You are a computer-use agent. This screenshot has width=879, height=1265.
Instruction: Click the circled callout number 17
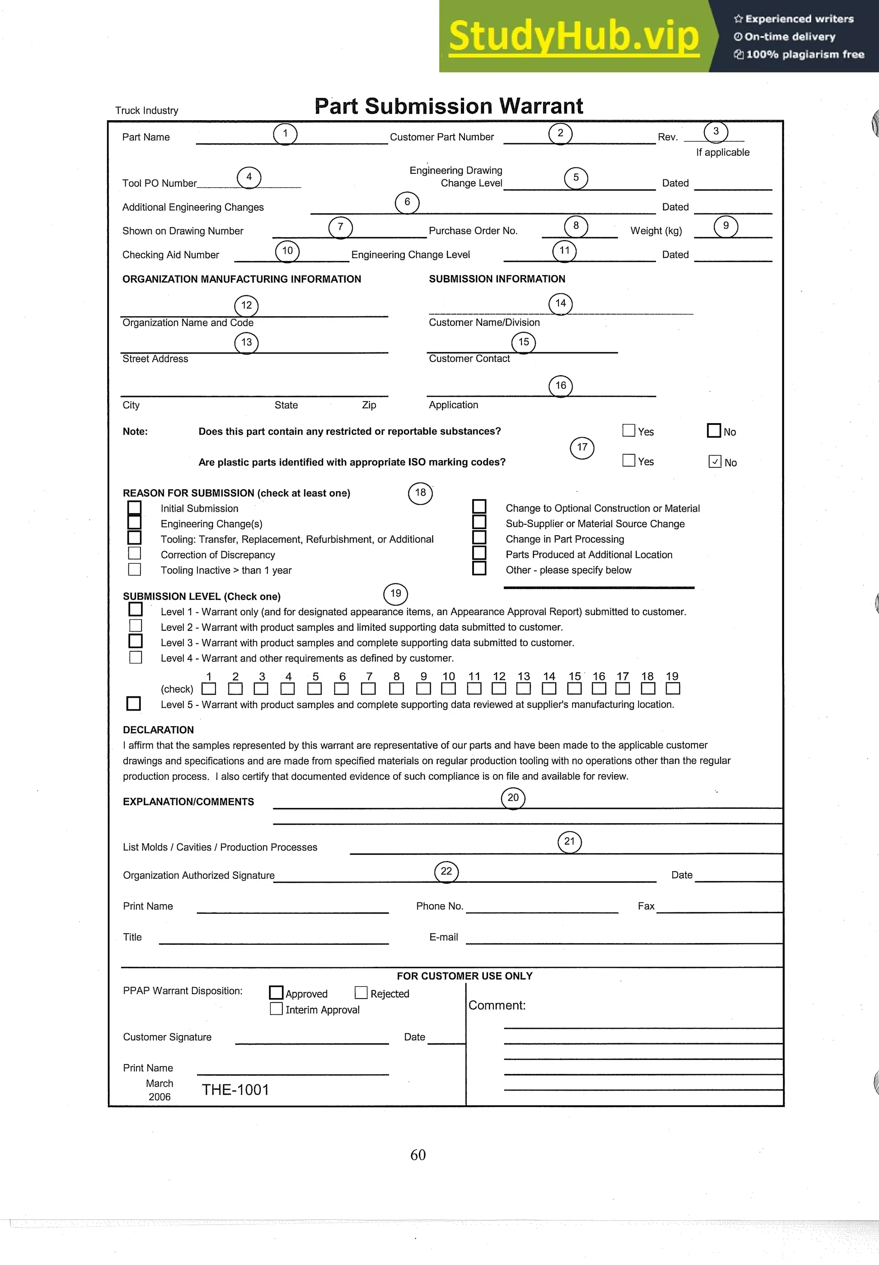(x=582, y=448)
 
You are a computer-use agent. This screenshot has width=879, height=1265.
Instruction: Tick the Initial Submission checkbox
(x=134, y=508)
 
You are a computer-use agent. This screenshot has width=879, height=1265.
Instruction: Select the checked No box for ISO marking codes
(x=714, y=461)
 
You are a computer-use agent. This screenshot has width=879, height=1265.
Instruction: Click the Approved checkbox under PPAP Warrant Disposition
(x=276, y=993)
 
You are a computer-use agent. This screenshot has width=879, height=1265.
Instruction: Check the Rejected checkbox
(x=361, y=993)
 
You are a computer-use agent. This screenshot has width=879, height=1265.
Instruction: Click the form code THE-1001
(x=235, y=1090)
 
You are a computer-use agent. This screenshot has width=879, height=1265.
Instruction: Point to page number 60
(x=418, y=1155)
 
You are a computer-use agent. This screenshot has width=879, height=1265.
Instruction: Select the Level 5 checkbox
(x=133, y=703)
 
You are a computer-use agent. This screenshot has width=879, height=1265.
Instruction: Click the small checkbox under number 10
(x=449, y=689)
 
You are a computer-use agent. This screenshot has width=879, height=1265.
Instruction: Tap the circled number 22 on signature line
(x=446, y=872)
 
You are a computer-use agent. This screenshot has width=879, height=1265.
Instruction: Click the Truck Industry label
(x=146, y=111)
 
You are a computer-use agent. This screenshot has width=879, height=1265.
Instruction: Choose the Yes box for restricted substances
(x=628, y=430)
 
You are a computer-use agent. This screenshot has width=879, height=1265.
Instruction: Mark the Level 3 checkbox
(x=136, y=641)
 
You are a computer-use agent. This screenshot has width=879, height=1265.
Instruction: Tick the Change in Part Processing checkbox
(x=479, y=537)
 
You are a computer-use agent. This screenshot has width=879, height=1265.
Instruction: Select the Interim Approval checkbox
(x=276, y=1008)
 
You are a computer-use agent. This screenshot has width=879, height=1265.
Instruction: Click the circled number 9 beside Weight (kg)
(x=725, y=226)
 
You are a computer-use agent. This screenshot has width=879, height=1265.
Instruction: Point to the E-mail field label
(x=443, y=937)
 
